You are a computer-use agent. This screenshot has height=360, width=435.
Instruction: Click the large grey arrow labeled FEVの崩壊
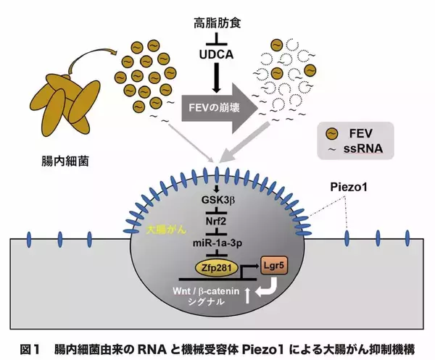pos(217,106)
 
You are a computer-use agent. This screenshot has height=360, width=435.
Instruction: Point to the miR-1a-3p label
pos(217,246)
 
